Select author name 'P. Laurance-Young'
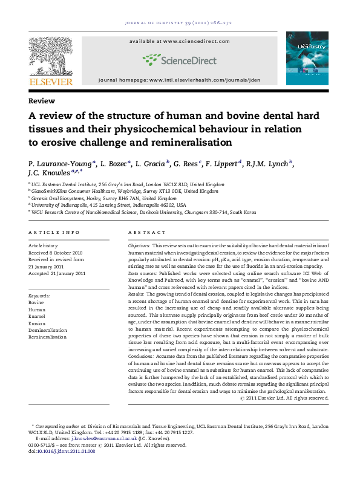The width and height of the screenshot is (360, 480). [60, 164]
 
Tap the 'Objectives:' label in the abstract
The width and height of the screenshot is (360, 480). [139, 246]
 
